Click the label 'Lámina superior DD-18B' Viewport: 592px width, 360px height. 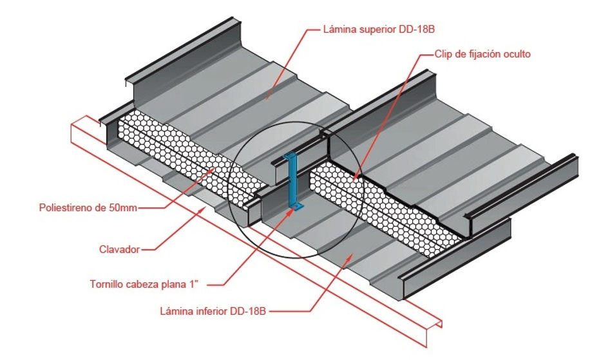pos(379,30)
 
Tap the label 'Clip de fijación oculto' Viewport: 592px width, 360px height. pos(482,54)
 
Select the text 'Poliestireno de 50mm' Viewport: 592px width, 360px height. pos(88,207)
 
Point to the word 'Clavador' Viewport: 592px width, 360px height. pos(119,249)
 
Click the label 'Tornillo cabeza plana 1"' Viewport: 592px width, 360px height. pos(144,284)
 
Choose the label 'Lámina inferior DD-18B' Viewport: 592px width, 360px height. pos(213,311)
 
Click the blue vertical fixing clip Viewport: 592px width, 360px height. pos(292,182)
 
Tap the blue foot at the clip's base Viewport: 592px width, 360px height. pos(296,207)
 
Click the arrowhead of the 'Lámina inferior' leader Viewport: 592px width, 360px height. pos(350,258)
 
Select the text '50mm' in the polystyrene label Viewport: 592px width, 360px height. pos(124,207)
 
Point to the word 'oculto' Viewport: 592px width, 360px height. pos(517,54)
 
